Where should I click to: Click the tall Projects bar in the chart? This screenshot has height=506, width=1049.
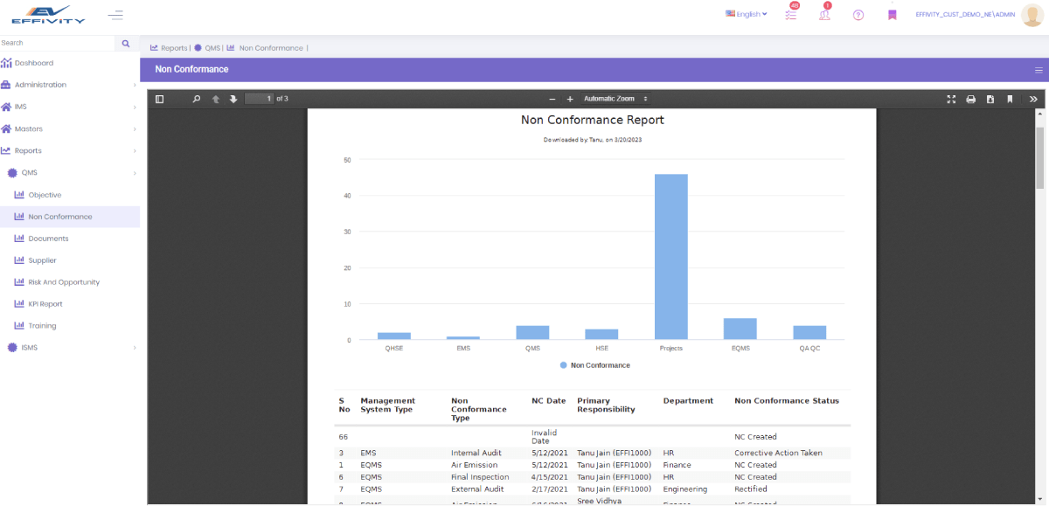click(670, 256)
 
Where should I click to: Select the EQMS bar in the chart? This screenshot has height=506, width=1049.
click(740, 329)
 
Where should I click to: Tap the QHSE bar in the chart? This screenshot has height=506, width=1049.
click(393, 336)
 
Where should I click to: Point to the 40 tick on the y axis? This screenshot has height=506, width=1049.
click(347, 196)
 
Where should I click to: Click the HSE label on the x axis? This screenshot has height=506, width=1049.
click(601, 348)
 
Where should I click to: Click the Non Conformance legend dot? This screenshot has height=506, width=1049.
click(564, 365)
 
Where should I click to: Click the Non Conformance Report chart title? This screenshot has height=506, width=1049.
click(592, 120)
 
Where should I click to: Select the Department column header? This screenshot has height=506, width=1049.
click(688, 400)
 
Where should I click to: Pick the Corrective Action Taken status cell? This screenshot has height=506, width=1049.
click(778, 453)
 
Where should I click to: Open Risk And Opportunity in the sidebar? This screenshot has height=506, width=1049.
click(64, 282)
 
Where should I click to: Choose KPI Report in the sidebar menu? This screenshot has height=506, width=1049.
click(45, 304)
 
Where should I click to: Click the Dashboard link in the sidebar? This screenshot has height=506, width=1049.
click(33, 63)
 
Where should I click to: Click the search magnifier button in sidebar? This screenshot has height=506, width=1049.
click(126, 43)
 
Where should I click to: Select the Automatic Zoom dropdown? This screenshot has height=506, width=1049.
click(615, 99)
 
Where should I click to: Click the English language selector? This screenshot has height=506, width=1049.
click(747, 14)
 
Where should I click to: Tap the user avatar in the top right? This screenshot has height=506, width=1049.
click(1032, 15)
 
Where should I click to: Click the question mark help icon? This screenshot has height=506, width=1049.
click(858, 15)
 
